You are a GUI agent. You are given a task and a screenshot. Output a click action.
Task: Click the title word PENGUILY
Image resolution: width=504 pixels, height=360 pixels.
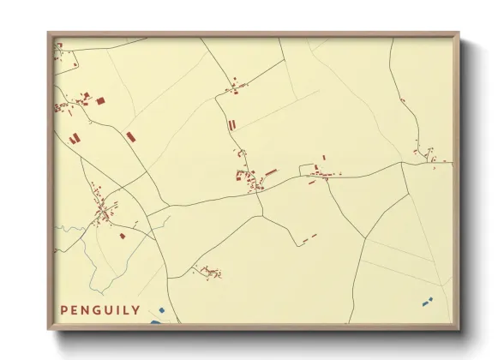pyautogui.click(x=100, y=309)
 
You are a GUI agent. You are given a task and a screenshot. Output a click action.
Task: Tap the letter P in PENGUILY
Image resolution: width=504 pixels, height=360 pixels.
pyautogui.click(x=64, y=309)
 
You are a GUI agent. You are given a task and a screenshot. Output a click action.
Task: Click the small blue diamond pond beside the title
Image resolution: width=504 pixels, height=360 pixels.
pyautogui.click(x=161, y=309)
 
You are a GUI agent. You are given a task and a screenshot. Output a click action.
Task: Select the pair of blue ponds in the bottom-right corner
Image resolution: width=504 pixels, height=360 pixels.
pyautogui.click(x=426, y=301)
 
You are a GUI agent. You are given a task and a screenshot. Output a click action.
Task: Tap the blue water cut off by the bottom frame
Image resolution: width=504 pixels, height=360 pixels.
pyautogui.click(x=155, y=322)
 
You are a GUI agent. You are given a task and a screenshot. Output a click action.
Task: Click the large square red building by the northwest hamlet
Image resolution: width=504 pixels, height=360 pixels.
pyautogui.click(x=99, y=101)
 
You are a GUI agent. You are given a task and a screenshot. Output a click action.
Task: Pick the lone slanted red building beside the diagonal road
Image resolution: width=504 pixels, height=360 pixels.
pyautogui.click(x=130, y=136)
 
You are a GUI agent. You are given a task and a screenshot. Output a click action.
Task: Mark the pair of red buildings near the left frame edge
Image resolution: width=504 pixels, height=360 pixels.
pyautogui.click(x=74, y=137)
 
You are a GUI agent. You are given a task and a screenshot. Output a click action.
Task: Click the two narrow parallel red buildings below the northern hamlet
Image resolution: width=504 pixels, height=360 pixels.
pyautogui.click(x=231, y=125)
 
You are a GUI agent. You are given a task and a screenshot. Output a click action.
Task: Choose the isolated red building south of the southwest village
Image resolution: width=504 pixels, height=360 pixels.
pyautogui.click(x=123, y=235)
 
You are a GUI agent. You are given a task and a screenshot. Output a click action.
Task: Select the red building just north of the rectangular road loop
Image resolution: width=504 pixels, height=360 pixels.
pyautogui.click(x=324, y=157)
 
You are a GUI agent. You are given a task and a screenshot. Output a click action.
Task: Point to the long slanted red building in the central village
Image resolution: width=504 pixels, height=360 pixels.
pyautogui.click(x=271, y=171)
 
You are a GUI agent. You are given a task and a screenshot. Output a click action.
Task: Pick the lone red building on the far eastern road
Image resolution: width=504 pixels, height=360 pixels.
pyautogui.click(x=403, y=100)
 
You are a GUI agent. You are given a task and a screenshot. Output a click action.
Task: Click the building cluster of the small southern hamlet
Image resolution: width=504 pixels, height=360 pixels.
pyautogui.click(x=208, y=273)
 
